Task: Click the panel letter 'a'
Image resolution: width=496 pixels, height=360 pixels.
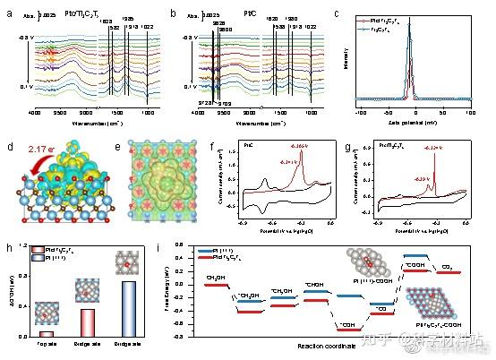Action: click(8, 13)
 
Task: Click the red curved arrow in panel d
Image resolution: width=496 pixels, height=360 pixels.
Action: click(27, 162)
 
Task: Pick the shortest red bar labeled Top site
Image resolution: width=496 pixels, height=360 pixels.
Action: click(46, 333)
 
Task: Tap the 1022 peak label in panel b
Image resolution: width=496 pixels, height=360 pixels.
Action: click(309, 28)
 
